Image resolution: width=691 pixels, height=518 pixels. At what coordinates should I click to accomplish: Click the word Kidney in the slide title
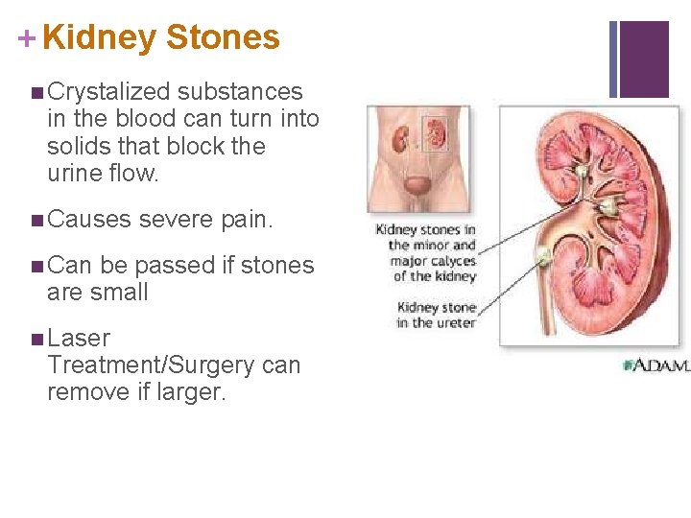pos(100,37)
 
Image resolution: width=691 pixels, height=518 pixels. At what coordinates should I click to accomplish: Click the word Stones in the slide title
pos(222,37)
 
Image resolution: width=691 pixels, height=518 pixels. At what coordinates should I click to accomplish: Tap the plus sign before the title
pos(26,38)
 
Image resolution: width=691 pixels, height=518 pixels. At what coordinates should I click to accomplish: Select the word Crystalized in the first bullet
pos(107,92)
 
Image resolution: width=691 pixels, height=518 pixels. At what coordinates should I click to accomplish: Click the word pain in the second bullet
pos(248,220)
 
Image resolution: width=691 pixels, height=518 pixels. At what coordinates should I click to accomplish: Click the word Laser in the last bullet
pos(78,339)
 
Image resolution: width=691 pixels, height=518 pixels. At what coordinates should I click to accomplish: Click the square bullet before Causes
pos(36,221)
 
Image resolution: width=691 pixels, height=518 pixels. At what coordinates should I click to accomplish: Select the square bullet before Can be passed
pos(36,266)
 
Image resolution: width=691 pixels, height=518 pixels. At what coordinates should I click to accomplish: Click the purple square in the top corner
pos(644,59)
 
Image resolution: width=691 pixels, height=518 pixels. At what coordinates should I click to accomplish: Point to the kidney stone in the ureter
pos(543,256)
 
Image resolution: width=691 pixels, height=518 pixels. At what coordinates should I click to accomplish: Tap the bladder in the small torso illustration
pos(417,183)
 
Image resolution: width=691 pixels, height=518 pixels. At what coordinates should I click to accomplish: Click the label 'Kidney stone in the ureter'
pos(437,315)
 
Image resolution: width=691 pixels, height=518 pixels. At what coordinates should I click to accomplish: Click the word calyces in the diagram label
pos(450,261)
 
